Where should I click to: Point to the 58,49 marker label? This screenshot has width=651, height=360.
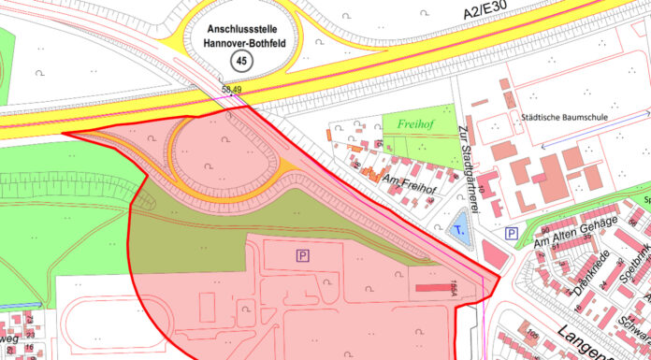(x=232, y=90)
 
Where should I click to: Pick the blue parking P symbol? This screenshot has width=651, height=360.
(x=511, y=233)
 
